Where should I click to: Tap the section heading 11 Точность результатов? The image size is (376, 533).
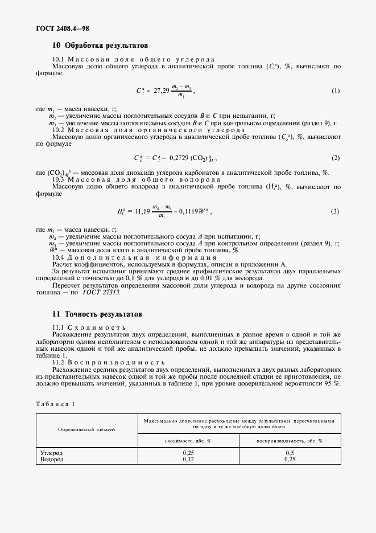pyautogui.click(x=97, y=314)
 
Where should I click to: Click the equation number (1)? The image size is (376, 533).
pyautogui.click(x=335, y=91)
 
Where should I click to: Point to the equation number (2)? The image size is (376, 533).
pyautogui.click(x=335, y=158)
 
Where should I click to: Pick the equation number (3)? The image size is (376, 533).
pyautogui.click(x=335, y=211)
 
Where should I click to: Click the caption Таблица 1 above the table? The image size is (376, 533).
pyautogui.click(x=56, y=403)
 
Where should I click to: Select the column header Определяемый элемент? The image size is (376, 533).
pyautogui.click(x=86, y=430)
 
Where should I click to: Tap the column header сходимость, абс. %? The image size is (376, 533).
pyautogui.click(x=188, y=440)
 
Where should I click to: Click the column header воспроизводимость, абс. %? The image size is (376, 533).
pyautogui.click(x=289, y=440)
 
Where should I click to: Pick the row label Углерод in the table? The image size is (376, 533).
pyautogui.click(x=52, y=453)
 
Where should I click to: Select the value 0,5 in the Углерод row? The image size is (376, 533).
pyautogui.click(x=289, y=453)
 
